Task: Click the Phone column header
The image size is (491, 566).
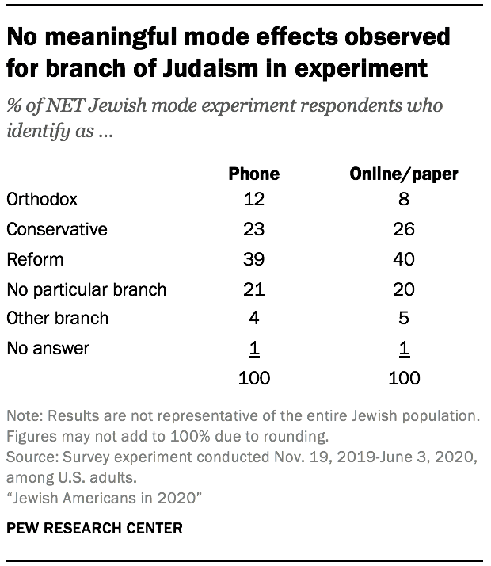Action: tap(253, 174)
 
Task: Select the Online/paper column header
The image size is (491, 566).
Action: tap(405, 174)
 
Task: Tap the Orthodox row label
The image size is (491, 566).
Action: tap(41, 200)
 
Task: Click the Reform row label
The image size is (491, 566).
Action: tap(34, 259)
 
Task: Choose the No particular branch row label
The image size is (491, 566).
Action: tap(86, 289)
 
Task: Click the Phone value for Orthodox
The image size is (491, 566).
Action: tap(253, 200)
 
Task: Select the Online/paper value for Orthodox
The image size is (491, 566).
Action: tap(405, 200)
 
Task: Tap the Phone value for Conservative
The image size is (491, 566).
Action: tap(253, 230)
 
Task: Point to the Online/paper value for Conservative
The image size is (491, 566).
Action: tap(405, 230)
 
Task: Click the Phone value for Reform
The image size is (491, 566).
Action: tap(253, 259)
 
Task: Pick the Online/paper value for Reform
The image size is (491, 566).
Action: tap(405, 259)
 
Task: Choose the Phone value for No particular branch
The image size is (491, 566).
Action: tap(253, 289)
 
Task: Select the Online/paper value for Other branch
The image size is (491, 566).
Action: tap(405, 319)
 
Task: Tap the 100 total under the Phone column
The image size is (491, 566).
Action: tap(253, 377)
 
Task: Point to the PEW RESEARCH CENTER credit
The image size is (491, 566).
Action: tap(83, 526)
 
